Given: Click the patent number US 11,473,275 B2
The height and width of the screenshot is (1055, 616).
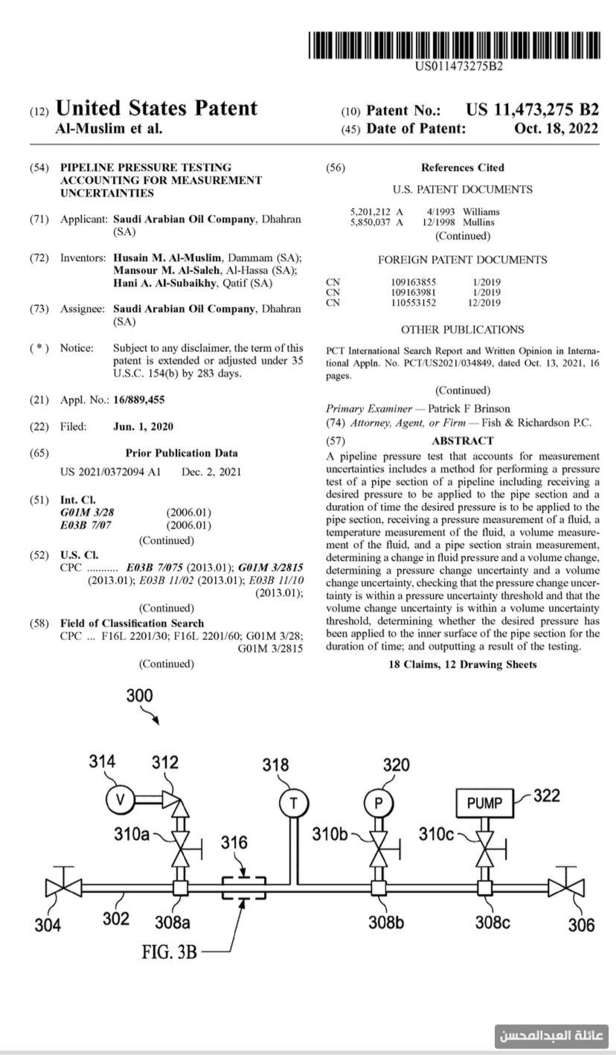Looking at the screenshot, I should pyautogui.click(x=532, y=110).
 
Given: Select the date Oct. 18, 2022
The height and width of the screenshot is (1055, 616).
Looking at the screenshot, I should pyautogui.click(x=556, y=128).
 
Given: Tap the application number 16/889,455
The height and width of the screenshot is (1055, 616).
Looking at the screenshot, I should pyautogui.click(x=139, y=400).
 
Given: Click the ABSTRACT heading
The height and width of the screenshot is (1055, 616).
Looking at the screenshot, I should pyautogui.click(x=462, y=441).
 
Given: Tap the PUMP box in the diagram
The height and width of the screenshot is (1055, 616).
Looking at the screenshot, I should pyautogui.click(x=484, y=803).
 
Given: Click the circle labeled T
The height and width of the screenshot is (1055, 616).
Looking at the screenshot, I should pyautogui.click(x=293, y=803).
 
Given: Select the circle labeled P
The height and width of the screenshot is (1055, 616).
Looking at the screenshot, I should pyautogui.click(x=378, y=803).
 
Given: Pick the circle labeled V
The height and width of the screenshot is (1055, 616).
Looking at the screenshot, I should pyautogui.click(x=119, y=800).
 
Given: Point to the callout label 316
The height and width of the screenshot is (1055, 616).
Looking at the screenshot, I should pyautogui.click(x=234, y=843).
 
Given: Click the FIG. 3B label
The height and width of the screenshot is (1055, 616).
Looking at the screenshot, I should pyautogui.click(x=170, y=951).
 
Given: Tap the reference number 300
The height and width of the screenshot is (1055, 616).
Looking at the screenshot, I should pyautogui.click(x=139, y=696).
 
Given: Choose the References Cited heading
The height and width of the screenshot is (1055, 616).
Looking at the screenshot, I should pyautogui.click(x=462, y=167).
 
